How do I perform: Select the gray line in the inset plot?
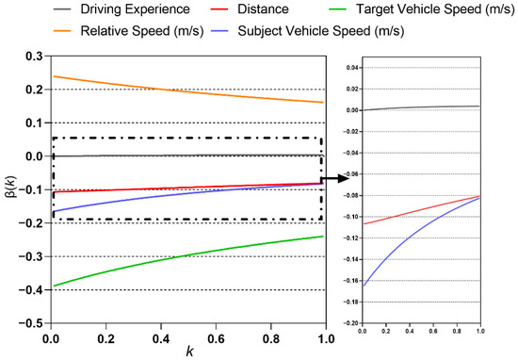tap(424, 107)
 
